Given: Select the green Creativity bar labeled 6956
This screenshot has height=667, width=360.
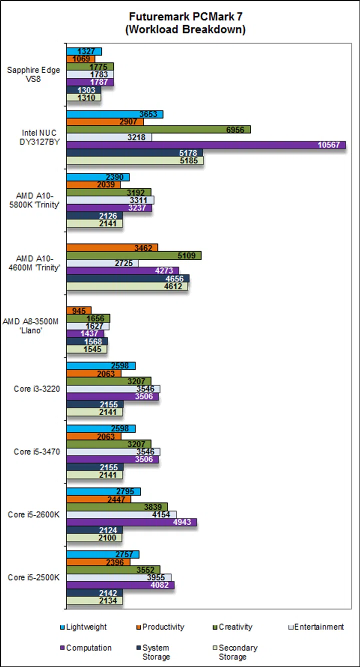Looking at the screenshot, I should tap(158, 129).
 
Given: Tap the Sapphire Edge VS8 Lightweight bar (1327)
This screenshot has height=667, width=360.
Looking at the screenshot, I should tap(84, 51).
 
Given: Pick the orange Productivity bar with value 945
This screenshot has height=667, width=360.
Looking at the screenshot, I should tap(79, 310).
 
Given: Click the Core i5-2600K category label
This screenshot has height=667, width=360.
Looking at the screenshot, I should tap(33, 514).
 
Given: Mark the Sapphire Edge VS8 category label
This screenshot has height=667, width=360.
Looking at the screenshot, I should tap(33, 74).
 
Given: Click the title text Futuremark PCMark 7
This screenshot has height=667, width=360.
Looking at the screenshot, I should tap(185, 16).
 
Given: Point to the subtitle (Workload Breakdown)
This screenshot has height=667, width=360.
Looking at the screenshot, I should tap(185, 29).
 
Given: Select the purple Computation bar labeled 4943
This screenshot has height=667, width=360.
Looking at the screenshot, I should tap(131, 522).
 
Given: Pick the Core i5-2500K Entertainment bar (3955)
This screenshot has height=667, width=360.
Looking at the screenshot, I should tap(119, 577).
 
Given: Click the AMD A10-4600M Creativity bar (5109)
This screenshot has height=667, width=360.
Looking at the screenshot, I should tap(133, 255).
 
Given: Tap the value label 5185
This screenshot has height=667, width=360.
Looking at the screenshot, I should tap(193, 161).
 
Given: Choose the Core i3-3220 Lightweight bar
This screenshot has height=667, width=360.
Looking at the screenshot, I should tap(101, 365).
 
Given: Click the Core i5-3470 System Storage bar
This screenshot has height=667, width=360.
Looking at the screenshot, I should tap(95, 467).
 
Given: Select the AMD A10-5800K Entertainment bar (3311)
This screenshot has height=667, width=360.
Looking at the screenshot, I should tap(110, 200).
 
